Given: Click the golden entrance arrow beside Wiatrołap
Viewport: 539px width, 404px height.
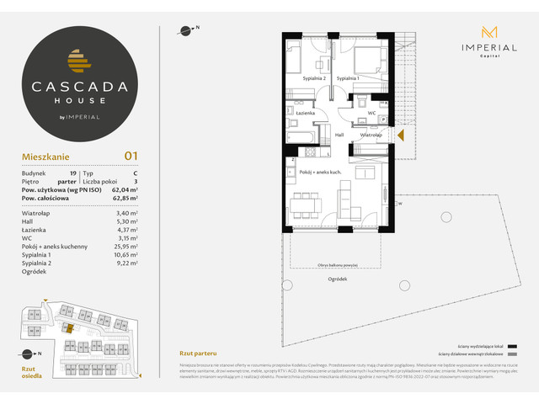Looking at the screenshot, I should [x=401, y=134].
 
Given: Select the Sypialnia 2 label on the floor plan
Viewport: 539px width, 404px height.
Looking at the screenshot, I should [x=313, y=78].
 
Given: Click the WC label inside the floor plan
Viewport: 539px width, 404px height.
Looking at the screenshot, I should [x=371, y=112].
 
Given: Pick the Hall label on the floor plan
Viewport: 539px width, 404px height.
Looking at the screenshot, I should [x=339, y=134].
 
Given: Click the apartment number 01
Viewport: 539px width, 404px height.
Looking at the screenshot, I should [x=131, y=155].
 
